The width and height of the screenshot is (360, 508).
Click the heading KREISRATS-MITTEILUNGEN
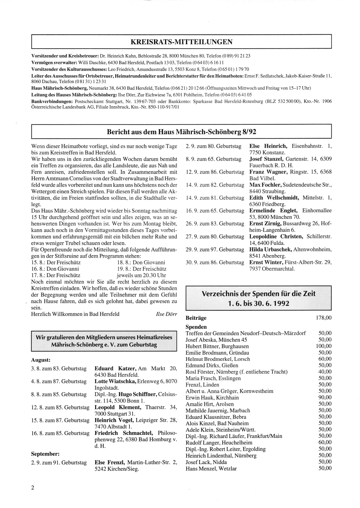point(181,42)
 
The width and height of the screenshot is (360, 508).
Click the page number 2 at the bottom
point(33,487)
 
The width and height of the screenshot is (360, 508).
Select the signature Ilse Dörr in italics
point(166,314)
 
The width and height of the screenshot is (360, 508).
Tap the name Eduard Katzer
point(115,368)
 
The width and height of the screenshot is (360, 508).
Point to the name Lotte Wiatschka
point(115,381)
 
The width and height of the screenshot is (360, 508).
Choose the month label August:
point(41,360)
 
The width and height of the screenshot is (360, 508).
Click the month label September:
point(45,454)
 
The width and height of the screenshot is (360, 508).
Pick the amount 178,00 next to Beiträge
point(323,318)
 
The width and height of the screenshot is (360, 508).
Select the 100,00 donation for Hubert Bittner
point(324,346)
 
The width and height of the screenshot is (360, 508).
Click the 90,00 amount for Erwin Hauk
point(325,398)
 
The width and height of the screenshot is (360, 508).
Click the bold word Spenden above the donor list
point(196,327)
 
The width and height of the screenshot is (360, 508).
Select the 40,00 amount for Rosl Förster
point(325,372)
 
